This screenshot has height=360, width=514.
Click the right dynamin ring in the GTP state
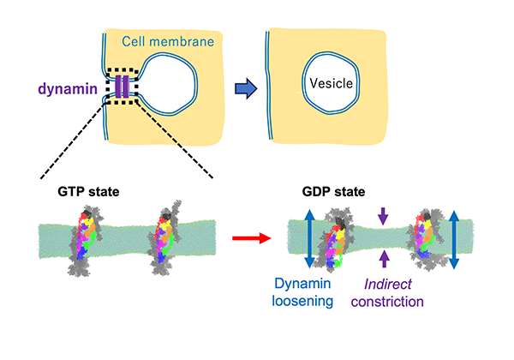tap(168, 232)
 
